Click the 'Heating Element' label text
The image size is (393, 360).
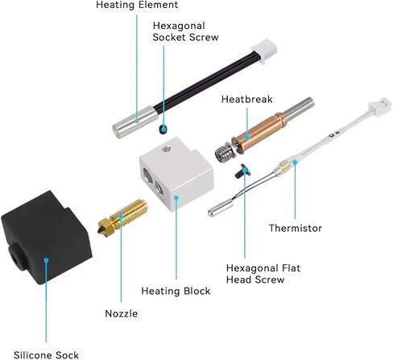(x=137, y=5)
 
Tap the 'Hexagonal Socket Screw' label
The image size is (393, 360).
(x=185, y=31)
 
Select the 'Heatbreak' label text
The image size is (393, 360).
(x=247, y=99)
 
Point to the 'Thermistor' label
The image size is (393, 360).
(x=296, y=228)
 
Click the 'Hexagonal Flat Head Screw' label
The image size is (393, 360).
(x=263, y=274)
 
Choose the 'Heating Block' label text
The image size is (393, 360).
(x=176, y=291)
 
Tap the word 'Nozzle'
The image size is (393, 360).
(x=122, y=313)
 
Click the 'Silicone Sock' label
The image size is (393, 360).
(x=46, y=355)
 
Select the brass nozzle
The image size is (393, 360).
(x=122, y=217)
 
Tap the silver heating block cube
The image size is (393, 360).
(x=176, y=173)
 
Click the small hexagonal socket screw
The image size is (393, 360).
(x=163, y=129)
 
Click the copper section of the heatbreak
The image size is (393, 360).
(x=259, y=131)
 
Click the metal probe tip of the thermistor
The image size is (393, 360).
(x=221, y=209)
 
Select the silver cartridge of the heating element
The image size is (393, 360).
(x=135, y=122)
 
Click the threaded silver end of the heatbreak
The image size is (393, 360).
(x=225, y=153)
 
